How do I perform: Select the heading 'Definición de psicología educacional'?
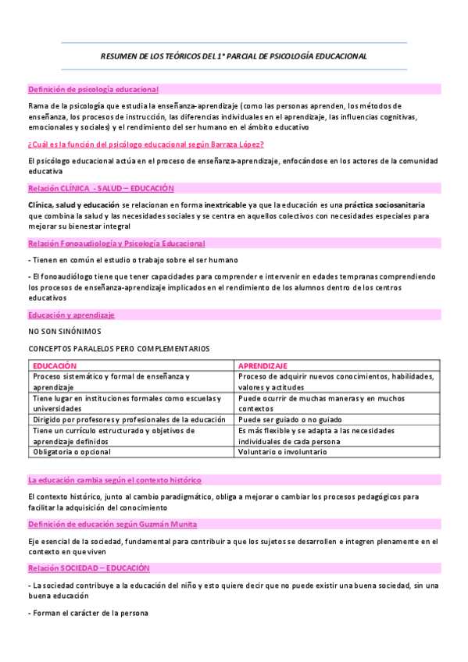click(x=93, y=90)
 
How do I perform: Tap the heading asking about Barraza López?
click(x=145, y=144)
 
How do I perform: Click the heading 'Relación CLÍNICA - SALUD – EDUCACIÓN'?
click(x=101, y=189)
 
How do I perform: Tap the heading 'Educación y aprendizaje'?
click(x=71, y=315)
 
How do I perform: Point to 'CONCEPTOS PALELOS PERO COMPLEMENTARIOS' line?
click(x=119, y=348)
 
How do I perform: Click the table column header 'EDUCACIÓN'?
click(x=55, y=365)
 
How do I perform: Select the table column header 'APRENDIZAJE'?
click(x=263, y=365)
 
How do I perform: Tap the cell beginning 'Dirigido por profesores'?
click(x=129, y=419)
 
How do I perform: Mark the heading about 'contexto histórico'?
click(x=114, y=479)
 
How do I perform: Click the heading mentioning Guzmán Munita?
click(x=113, y=524)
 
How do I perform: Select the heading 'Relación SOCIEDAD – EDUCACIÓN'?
click(x=88, y=568)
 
